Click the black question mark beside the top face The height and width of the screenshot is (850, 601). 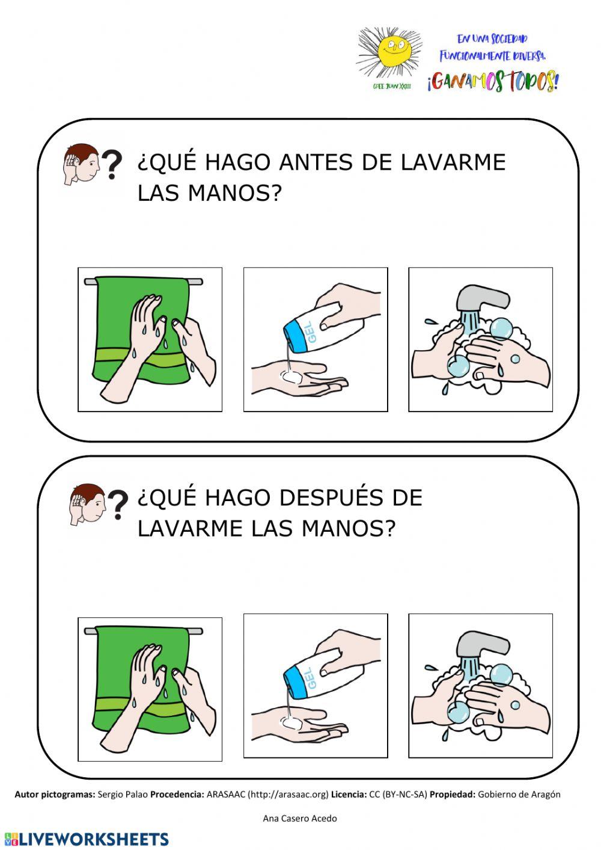point(112,165)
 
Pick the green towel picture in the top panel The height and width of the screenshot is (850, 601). point(150,340)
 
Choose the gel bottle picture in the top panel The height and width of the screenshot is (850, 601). point(316,340)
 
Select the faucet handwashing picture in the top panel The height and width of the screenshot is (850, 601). point(480,340)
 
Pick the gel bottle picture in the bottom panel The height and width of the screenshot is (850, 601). point(316,686)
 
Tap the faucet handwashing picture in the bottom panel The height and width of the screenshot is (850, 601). point(480,686)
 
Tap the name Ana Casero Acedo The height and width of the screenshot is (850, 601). point(300,818)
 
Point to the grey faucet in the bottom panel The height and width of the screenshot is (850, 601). point(481,647)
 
